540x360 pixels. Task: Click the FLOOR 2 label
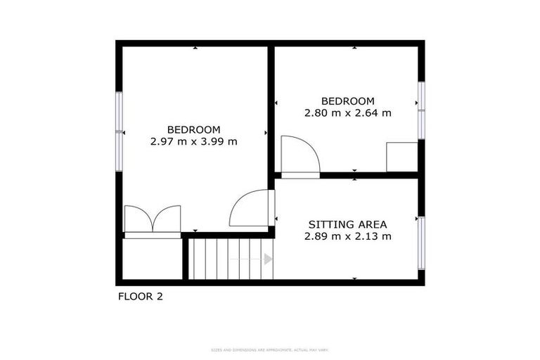click(x=140, y=297)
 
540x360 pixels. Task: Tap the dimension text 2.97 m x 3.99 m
click(x=193, y=141)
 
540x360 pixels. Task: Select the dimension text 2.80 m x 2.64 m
click(x=347, y=112)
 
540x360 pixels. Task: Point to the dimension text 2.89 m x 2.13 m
click(x=347, y=236)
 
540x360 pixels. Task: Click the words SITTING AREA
click(x=347, y=224)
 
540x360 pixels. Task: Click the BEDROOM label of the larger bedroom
click(x=193, y=129)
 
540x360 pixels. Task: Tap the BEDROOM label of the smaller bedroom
click(x=347, y=101)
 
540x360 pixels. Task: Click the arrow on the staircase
click(x=267, y=259)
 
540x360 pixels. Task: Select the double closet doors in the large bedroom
click(x=153, y=219)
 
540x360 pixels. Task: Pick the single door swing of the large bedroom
click(x=250, y=209)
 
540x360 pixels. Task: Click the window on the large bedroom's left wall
click(x=119, y=131)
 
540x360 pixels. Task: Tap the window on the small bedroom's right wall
click(x=421, y=110)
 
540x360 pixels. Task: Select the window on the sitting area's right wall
click(x=421, y=243)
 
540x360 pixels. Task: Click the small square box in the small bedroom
click(x=401, y=157)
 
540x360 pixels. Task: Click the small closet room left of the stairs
click(x=152, y=259)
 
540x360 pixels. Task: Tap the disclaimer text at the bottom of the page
click(x=270, y=349)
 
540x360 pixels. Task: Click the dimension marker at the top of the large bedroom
click(x=195, y=48)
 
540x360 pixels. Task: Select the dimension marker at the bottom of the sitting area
click(x=354, y=278)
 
